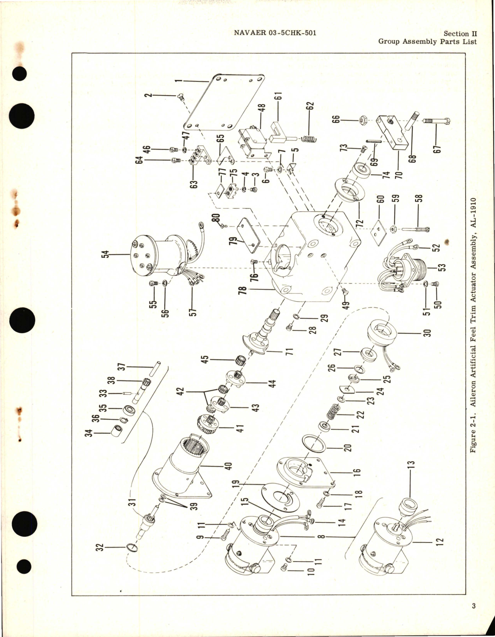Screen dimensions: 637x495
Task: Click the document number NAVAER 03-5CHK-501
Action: click(x=275, y=33)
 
